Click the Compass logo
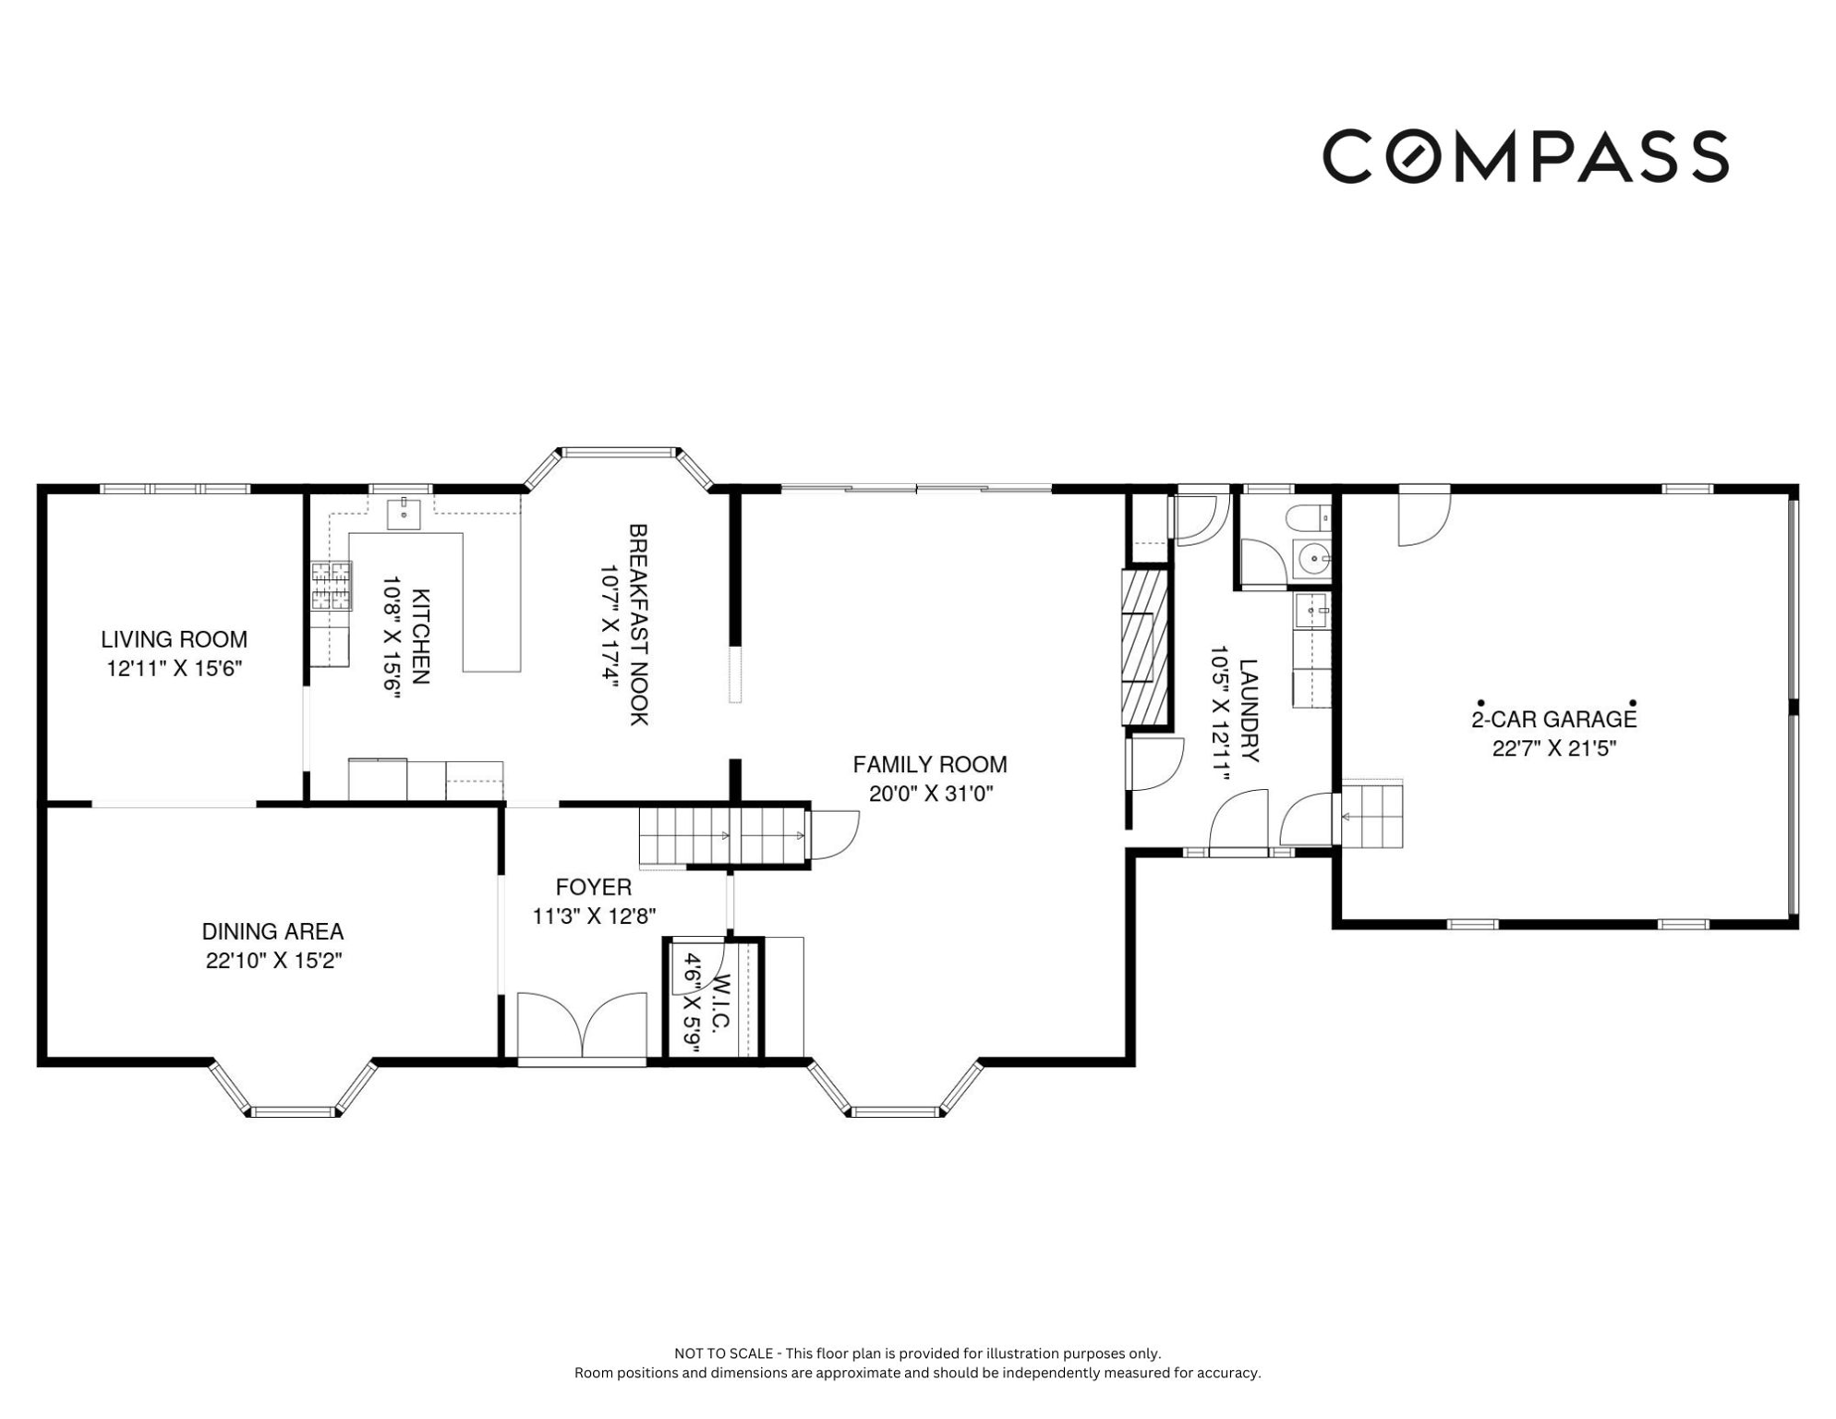pos(1525,156)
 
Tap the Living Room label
pos(174,639)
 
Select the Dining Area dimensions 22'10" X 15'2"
pos(273,961)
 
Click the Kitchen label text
pos(420,636)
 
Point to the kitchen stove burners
pos(332,586)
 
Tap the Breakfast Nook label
pos(638,625)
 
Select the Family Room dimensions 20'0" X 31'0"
pos(930,794)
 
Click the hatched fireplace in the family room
pos(1144,648)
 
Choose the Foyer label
pos(594,888)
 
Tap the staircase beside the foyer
pos(724,835)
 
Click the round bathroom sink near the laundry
pos(1312,559)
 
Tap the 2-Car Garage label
pos(1554,719)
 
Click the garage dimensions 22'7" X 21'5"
pos(1554,748)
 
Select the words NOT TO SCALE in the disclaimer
pos(724,1353)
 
